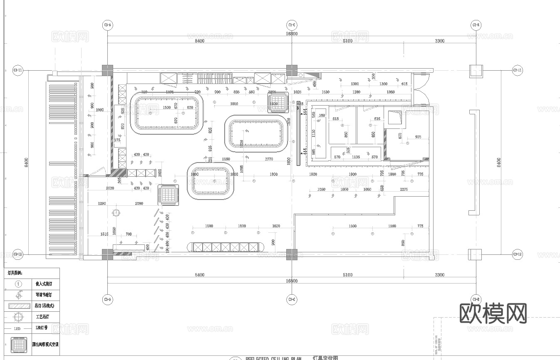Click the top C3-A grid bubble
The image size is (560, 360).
[x=107, y=25]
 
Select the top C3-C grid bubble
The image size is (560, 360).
[x=292, y=25]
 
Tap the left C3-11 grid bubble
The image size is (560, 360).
[x=17, y=70]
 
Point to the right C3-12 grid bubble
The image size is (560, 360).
[x=517, y=254]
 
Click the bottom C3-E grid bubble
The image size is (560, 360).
[x=476, y=299]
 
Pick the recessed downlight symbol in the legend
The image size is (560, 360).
[x=18, y=284]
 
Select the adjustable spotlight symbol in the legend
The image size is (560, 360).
[x=18, y=295]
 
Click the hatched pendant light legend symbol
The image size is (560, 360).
[x=18, y=306]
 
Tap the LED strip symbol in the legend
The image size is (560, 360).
[x=18, y=328]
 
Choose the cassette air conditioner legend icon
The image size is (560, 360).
[x=18, y=345]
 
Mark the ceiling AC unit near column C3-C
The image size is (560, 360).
[x=278, y=102]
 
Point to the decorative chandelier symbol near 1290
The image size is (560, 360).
[x=116, y=213]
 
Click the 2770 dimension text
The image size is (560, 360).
[x=268, y=159]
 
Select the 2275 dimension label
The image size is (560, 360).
[x=404, y=189]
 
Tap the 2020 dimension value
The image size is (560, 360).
[x=109, y=188]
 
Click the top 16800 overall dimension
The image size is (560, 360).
[x=291, y=34]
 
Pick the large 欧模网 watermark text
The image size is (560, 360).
[x=493, y=313]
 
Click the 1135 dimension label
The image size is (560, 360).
[x=356, y=157]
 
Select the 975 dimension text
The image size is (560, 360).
[x=418, y=137]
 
